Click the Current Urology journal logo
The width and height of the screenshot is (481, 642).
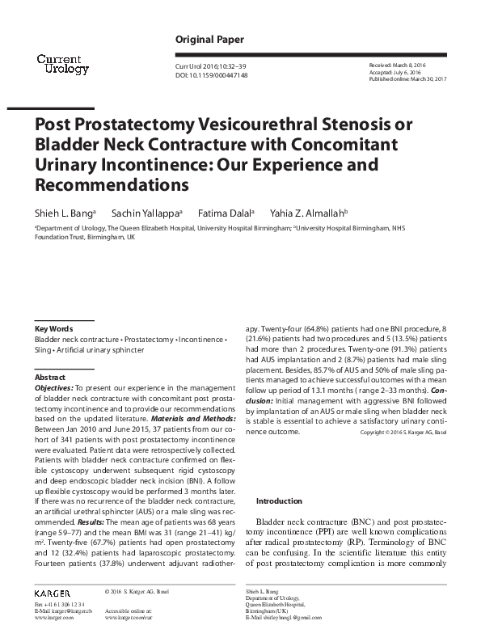pyautogui.click(x=58, y=63)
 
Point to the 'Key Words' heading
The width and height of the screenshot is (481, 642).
pyautogui.click(x=54, y=329)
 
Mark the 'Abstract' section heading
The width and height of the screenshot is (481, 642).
pyautogui.click(x=51, y=378)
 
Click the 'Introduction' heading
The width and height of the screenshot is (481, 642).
pyautogui.click(x=279, y=501)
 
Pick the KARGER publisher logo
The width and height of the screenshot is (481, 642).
pyautogui.click(x=53, y=593)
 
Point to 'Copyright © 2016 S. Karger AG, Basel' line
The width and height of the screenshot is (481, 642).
pyautogui.click(x=403, y=433)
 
